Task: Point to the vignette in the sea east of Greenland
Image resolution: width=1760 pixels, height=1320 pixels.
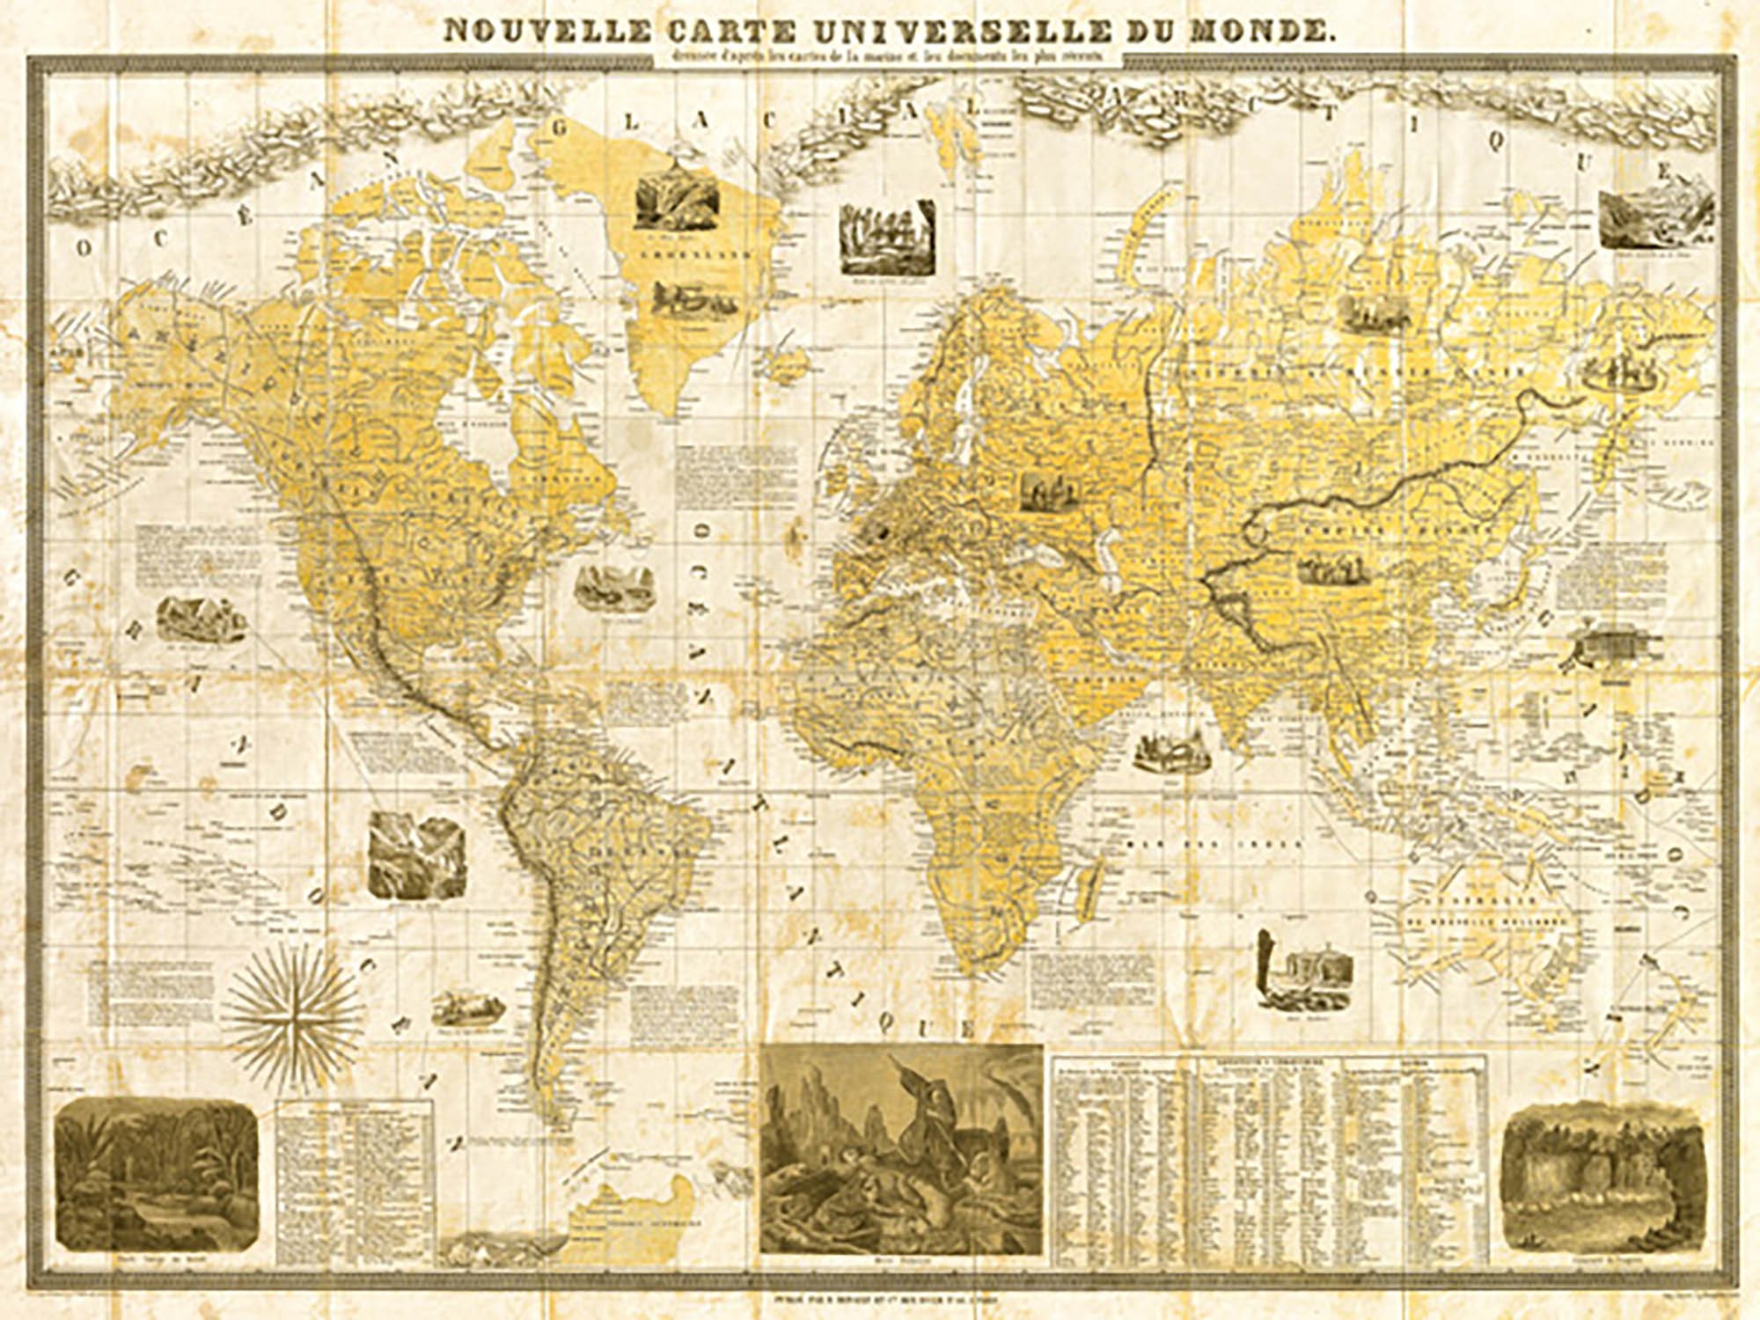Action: coord(885,238)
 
